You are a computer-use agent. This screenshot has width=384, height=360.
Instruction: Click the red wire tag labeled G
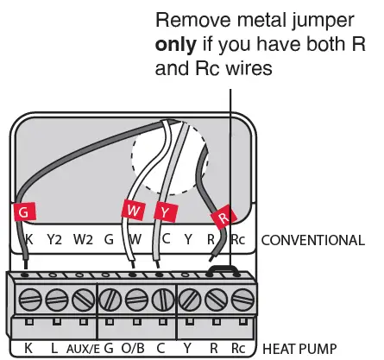click(26, 210)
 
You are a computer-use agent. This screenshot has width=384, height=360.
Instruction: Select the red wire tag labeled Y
click(163, 210)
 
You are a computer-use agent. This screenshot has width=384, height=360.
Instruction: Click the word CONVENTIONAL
click(312, 240)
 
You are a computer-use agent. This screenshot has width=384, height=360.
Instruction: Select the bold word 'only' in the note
click(176, 43)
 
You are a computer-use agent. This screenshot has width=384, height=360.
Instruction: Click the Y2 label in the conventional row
click(55, 240)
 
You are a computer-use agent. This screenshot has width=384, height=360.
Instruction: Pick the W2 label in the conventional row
click(83, 240)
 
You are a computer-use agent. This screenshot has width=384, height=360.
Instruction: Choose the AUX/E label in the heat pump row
click(83, 349)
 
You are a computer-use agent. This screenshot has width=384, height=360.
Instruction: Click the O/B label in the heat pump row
click(135, 349)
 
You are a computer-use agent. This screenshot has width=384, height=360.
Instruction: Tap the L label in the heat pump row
click(55, 349)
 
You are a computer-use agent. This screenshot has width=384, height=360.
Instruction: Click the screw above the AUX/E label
click(83, 300)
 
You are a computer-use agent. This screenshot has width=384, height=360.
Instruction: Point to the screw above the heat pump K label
click(28, 300)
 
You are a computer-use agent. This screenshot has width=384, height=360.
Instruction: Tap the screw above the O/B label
click(136, 300)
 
